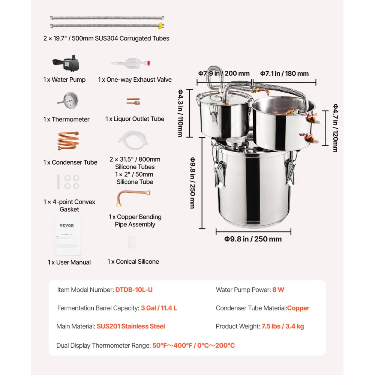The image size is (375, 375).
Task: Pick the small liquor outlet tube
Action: point(133,101)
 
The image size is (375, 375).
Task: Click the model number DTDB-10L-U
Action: point(134,290)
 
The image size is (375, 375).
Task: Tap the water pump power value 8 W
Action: point(278,290)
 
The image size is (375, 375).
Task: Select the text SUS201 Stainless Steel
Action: point(130,326)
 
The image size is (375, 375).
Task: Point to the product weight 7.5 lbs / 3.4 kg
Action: point(282,326)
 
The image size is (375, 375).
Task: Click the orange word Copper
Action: point(298,308)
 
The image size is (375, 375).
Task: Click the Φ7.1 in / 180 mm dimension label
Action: point(285,73)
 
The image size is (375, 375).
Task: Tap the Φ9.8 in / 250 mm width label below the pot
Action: point(253,239)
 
